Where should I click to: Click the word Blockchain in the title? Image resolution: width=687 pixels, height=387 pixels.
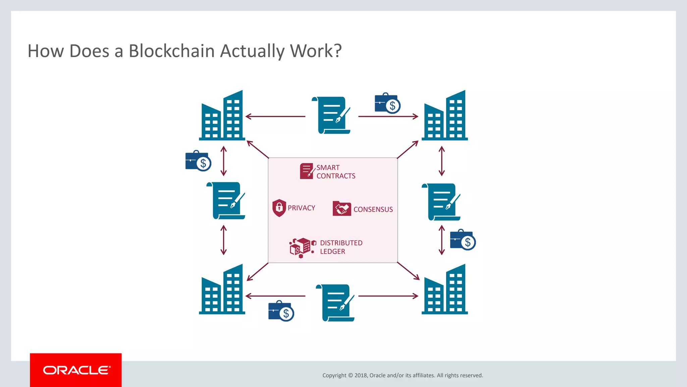pyautogui.click(x=171, y=51)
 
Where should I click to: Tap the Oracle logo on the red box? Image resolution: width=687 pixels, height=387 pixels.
pyautogui.click(x=76, y=370)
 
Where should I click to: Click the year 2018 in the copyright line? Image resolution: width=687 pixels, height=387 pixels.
pyautogui.click(x=361, y=375)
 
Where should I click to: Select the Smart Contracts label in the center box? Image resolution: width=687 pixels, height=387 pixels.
pyautogui.click(x=335, y=172)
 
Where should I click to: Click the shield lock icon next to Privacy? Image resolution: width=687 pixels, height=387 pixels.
pyautogui.click(x=279, y=208)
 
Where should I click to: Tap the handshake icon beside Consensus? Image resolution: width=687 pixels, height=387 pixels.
pyautogui.click(x=341, y=208)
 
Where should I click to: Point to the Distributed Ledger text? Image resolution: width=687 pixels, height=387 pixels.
pyautogui.click(x=341, y=247)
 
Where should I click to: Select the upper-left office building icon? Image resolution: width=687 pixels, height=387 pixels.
pyautogui.click(x=222, y=116)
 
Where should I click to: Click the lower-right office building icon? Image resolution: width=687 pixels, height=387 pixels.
pyautogui.click(x=445, y=290)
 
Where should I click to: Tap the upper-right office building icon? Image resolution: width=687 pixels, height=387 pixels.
pyautogui.click(x=445, y=116)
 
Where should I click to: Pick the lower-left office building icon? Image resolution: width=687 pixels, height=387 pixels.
pyautogui.click(x=222, y=290)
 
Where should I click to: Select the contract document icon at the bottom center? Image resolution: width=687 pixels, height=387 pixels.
pyautogui.click(x=335, y=303)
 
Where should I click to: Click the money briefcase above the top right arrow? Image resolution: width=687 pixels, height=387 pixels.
pyautogui.click(x=387, y=103)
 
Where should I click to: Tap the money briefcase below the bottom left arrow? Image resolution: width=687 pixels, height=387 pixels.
pyautogui.click(x=281, y=311)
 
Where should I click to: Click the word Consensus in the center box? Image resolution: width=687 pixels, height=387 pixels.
pyautogui.click(x=373, y=209)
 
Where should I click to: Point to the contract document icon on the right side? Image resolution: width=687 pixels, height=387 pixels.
pyautogui.click(x=441, y=202)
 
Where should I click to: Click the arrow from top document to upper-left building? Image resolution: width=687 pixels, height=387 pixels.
pyautogui.click(x=275, y=116)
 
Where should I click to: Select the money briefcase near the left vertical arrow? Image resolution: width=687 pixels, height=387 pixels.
pyautogui.click(x=198, y=161)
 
